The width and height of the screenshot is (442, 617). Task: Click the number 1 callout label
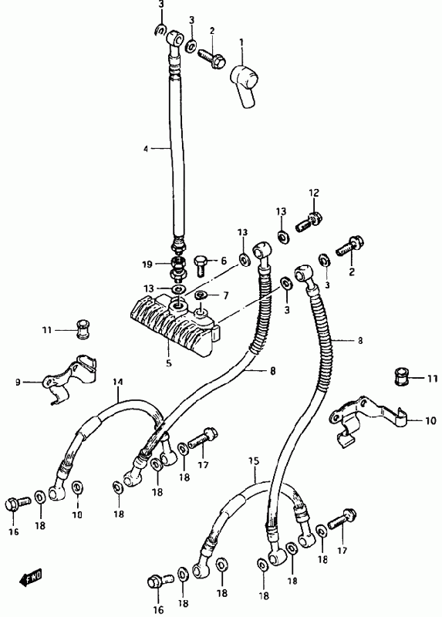(x=241, y=41)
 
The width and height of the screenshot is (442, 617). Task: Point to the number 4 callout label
(x=146, y=149)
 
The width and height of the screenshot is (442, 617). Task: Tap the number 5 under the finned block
(x=169, y=362)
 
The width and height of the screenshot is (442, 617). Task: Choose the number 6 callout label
(x=224, y=261)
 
